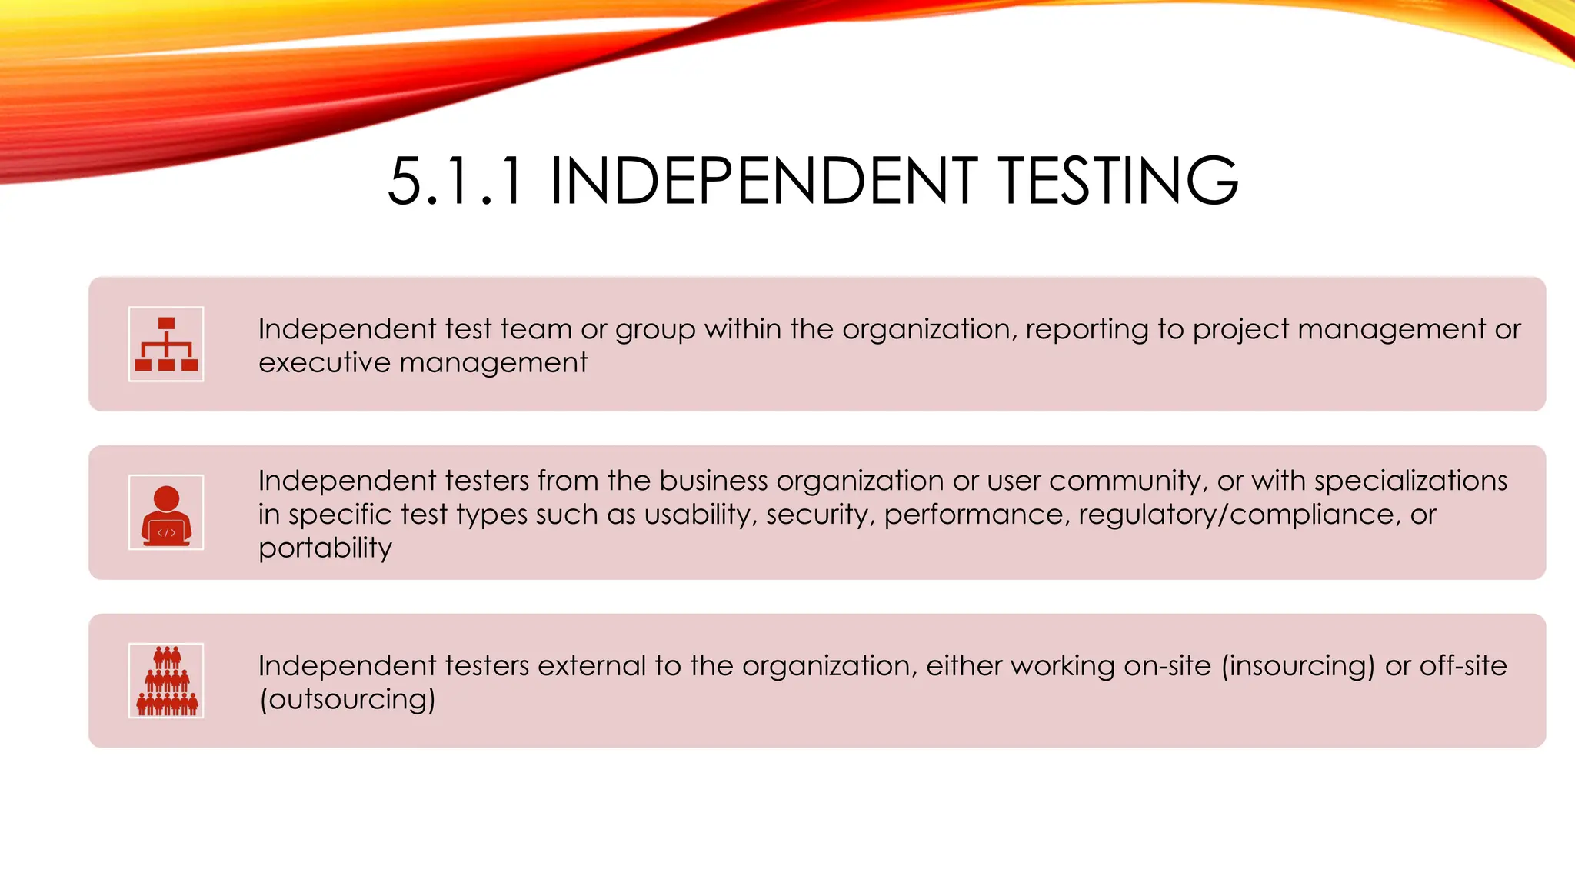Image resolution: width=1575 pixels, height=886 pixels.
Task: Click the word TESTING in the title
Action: (1118, 182)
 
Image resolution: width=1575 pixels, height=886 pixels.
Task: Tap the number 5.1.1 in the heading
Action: (456, 182)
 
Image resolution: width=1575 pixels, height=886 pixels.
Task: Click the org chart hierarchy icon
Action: (166, 344)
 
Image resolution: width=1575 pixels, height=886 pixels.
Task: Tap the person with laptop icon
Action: (166, 512)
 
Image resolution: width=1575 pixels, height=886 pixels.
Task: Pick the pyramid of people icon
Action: (166, 681)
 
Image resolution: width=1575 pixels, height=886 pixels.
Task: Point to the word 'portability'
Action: (325, 548)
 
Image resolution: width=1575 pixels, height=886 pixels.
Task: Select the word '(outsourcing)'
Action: (348, 699)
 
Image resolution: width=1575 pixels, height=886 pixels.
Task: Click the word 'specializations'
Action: (1410, 481)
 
